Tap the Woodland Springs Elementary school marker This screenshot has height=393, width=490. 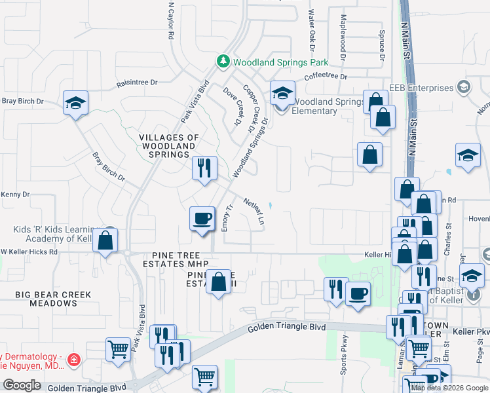point(282,94)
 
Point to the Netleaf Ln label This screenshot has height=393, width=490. point(254,212)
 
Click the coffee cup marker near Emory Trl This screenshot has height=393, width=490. point(202,218)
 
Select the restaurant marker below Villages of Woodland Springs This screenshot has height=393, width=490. point(204,168)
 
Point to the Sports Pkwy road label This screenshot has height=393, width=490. point(343,356)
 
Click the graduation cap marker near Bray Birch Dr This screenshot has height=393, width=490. point(75,103)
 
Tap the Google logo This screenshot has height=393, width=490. point(22,385)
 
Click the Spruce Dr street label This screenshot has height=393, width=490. point(381,46)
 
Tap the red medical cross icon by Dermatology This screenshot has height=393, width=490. point(75,360)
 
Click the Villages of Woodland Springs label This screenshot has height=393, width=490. point(168,145)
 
